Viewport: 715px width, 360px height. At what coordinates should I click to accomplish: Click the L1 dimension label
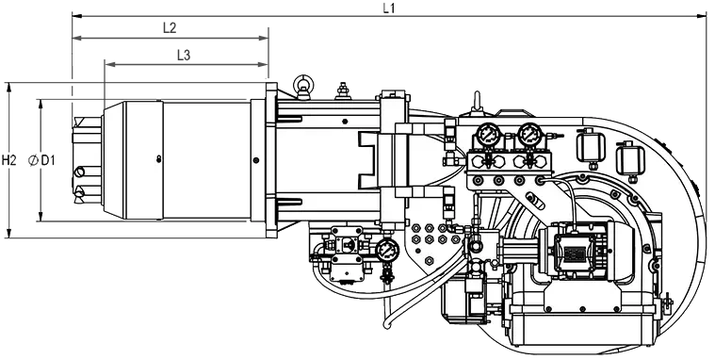388,8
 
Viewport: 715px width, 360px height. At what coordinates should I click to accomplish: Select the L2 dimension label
170,28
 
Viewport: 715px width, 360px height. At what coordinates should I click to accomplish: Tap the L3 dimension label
184,56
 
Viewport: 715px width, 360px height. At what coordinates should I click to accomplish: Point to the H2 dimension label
9,160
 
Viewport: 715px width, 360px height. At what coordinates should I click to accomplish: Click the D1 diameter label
48,160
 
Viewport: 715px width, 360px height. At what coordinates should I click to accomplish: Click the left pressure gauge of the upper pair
489,134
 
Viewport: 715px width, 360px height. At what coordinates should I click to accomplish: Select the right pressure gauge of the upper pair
530,134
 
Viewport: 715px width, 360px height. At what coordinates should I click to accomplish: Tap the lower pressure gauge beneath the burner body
387,250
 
